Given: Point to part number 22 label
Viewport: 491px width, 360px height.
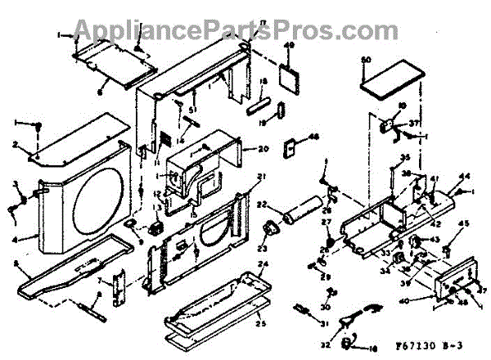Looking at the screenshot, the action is (264, 205).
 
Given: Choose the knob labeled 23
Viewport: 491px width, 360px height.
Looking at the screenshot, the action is (267, 228).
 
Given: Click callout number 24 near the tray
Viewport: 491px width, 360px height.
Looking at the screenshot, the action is (263, 264).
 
